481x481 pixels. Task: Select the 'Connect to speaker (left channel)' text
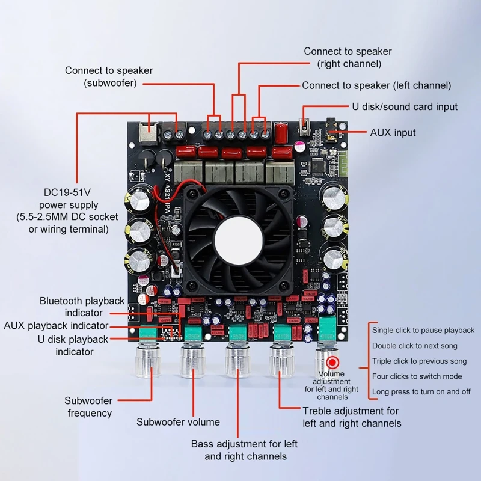(376, 86)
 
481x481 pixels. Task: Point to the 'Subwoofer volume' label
(178, 422)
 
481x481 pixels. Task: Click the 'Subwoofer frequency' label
(89, 407)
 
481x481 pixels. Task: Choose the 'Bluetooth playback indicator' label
(82, 307)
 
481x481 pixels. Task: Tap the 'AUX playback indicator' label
(64, 326)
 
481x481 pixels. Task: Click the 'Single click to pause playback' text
(423, 330)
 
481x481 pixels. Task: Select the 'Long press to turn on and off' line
(421, 392)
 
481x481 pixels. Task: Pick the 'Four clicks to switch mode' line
(417, 376)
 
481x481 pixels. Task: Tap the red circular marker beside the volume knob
(332, 363)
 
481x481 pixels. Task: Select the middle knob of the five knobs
(237, 362)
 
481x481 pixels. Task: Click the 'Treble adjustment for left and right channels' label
(351, 417)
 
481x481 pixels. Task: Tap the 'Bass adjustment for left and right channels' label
(244, 450)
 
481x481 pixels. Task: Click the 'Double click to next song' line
(414, 346)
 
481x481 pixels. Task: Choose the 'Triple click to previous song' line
(419, 361)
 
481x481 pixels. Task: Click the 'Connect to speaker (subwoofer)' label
(109, 76)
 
